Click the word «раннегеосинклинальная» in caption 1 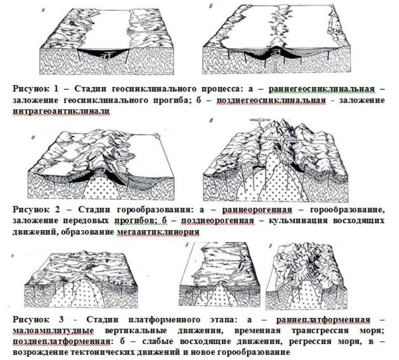[322, 89]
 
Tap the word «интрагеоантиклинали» [61, 112]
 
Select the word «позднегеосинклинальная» [271, 100]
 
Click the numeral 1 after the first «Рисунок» [56, 89]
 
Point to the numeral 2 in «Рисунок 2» [57, 210]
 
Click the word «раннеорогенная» [257, 210]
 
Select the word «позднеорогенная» [218, 221]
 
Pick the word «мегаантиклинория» [158, 232]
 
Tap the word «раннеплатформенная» [324, 320]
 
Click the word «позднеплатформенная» [62, 341]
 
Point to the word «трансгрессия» [320, 330]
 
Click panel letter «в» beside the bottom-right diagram [271, 246]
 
